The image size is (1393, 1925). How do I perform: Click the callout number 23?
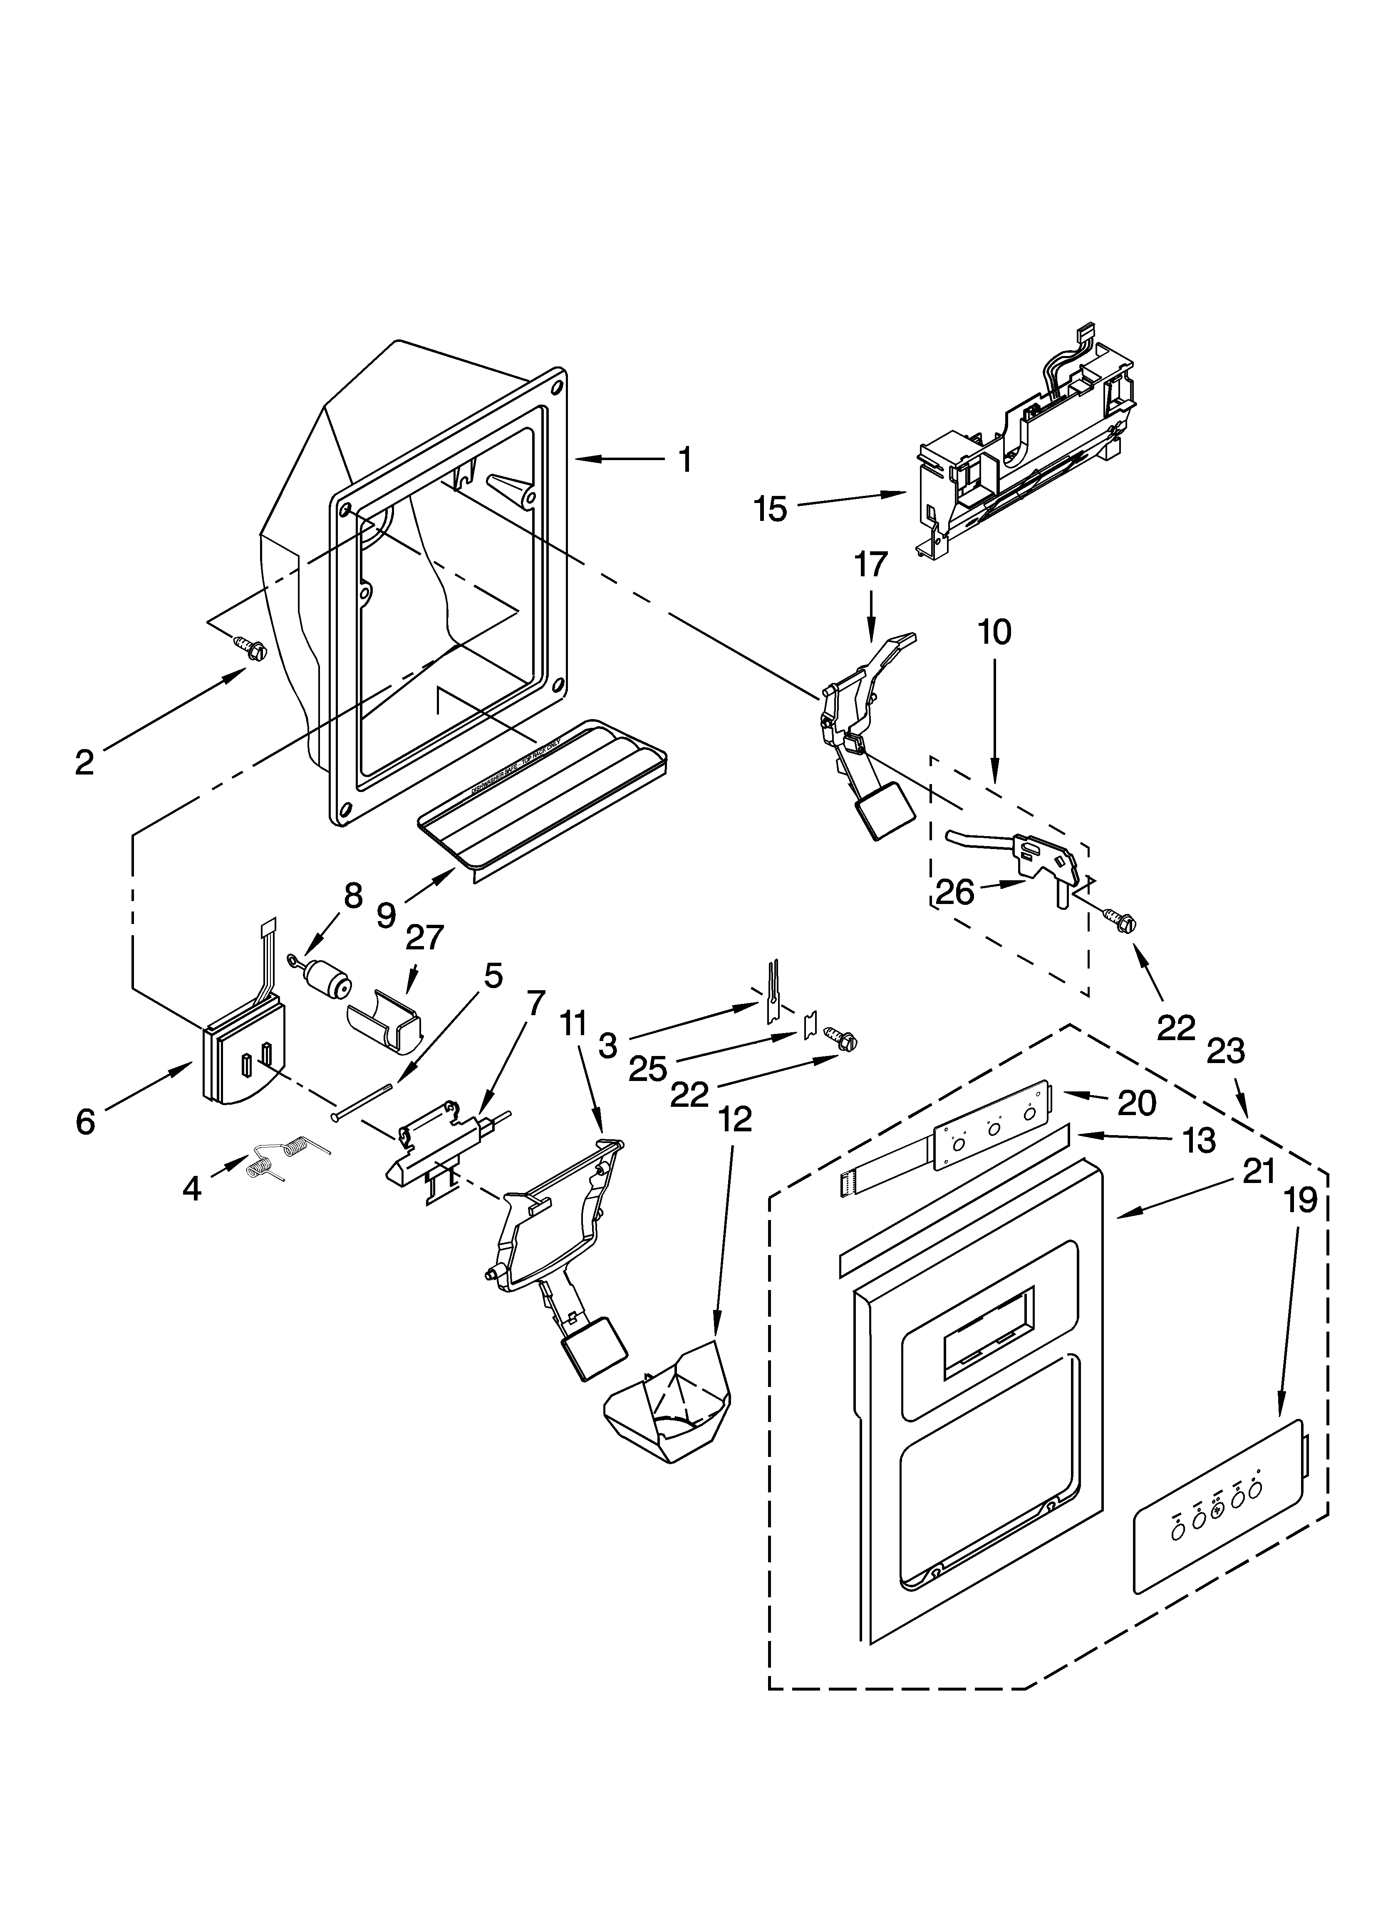pos(1226,1051)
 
